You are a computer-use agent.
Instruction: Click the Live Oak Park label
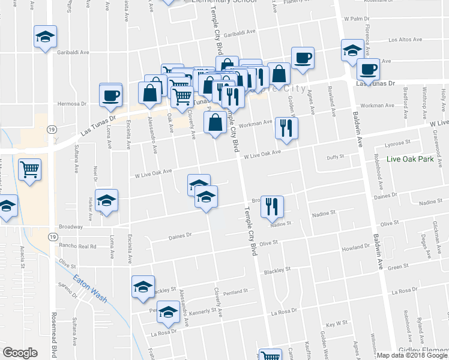click(410, 160)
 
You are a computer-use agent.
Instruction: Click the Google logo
click(20, 353)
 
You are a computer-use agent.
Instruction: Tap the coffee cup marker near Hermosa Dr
click(110, 95)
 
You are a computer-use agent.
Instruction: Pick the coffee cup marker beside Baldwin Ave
click(367, 68)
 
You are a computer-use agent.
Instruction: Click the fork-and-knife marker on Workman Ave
click(286, 128)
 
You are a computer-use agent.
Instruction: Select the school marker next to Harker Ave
click(107, 200)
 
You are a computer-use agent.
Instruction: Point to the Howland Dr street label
click(355, 247)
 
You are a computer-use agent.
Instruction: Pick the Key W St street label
click(337, 323)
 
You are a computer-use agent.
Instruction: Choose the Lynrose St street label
click(397, 143)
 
